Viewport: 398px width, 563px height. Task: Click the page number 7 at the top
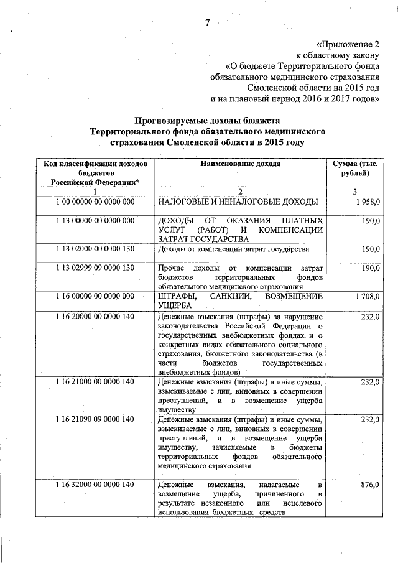click(x=208, y=23)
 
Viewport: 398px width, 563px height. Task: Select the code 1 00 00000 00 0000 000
click(x=95, y=202)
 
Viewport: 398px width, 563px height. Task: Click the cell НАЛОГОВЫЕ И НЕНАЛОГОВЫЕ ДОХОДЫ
click(x=239, y=202)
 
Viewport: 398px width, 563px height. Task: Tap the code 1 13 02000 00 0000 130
click(x=95, y=249)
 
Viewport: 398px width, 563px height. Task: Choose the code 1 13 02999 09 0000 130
click(x=95, y=268)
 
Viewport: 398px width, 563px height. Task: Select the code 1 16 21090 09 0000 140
click(x=95, y=420)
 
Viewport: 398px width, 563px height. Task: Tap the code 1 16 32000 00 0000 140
click(x=95, y=484)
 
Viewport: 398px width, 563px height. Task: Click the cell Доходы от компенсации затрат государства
click(x=233, y=249)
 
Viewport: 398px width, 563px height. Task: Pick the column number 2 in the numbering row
click(x=240, y=192)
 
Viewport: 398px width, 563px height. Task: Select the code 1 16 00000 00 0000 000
click(x=95, y=297)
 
